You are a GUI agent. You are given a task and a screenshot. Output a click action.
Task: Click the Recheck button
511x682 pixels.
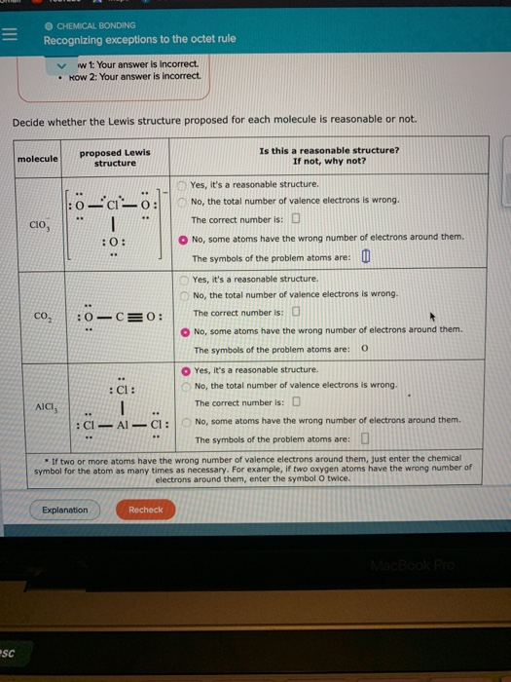coord(146,510)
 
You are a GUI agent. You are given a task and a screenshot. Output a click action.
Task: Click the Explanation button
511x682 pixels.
coord(64,510)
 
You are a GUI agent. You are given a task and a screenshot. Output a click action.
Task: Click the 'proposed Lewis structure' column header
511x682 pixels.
coord(115,158)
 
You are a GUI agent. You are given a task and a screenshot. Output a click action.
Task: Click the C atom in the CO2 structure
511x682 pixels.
coord(119,316)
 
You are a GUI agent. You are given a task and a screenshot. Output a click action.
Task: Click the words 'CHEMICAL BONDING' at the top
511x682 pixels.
coord(95,24)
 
